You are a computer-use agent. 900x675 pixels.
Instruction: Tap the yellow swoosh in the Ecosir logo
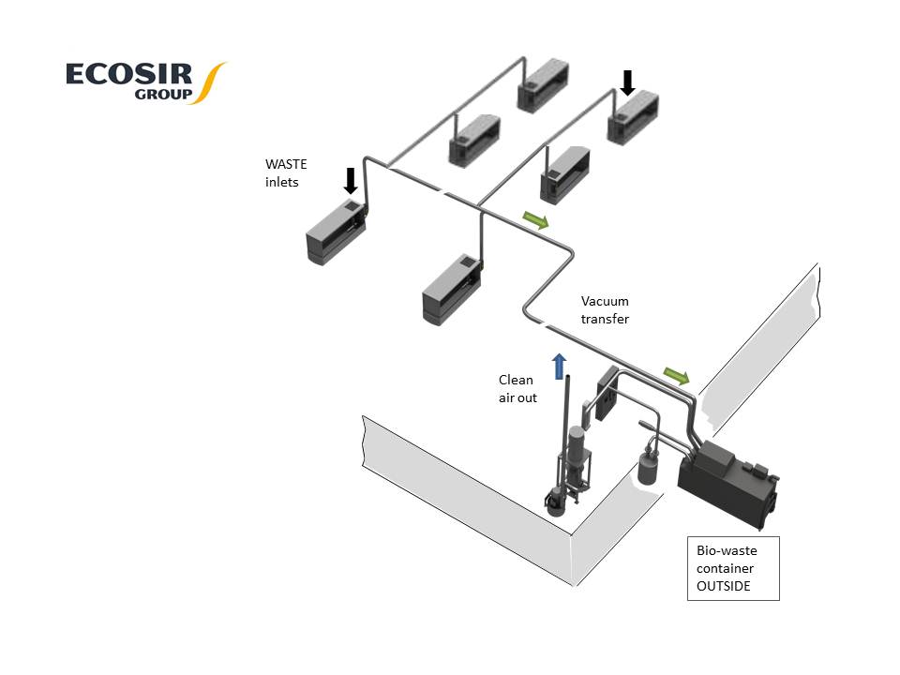(x=212, y=82)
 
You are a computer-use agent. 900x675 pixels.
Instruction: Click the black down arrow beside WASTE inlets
(x=351, y=180)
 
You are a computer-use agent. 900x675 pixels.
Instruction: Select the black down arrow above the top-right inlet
(x=627, y=83)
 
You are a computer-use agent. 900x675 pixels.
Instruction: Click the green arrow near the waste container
(x=676, y=377)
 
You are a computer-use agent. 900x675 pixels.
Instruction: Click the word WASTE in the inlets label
(x=286, y=164)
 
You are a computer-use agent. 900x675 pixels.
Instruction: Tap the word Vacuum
(x=605, y=302)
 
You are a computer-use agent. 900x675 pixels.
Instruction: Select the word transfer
(x=605, y=319)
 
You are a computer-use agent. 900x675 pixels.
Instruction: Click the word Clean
(x=516, y=380)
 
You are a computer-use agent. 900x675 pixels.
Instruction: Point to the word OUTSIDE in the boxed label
(x=724, y=586)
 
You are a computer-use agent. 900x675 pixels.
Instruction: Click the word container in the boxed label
(x=724, y=568)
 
